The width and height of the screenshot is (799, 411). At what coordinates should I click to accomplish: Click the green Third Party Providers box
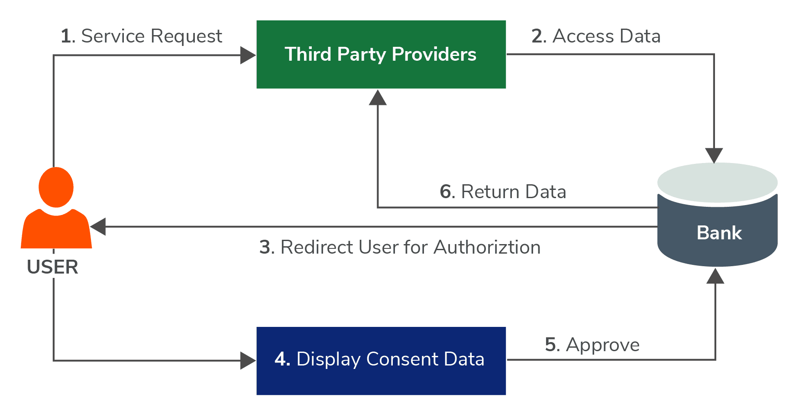[381, 74]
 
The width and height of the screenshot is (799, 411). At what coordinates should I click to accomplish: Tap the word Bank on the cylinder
[719, 233]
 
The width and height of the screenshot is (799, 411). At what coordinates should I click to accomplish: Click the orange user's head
[56, 187]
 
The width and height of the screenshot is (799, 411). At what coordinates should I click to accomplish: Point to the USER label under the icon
[52, 267]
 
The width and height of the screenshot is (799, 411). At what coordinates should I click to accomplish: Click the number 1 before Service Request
[66, 36]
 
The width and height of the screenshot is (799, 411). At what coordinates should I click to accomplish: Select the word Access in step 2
[583, 36]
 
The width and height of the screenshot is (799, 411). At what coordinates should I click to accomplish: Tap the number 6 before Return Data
[446, 192]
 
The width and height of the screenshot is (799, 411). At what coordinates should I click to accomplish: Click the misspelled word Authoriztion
[487, 247]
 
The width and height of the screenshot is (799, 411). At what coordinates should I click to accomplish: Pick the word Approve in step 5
[602, 345]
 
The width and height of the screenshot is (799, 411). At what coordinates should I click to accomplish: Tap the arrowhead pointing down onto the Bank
[714, 155]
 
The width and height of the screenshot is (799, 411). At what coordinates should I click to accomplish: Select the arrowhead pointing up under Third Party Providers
[378, 98]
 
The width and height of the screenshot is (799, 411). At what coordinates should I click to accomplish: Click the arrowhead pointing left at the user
[98, 227]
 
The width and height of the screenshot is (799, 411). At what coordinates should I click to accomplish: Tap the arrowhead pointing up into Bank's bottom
[715, 276]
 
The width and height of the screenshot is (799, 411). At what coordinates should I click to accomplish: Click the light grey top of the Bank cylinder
[717, 182]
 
